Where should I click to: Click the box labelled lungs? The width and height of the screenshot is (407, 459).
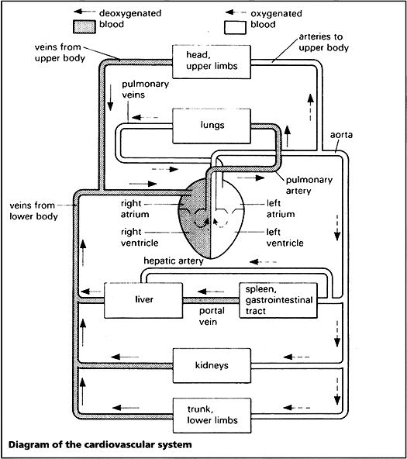pyautogui.click(x=212, y=126)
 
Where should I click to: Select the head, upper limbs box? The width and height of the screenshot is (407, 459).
pyautogui.click(x=212, y=61)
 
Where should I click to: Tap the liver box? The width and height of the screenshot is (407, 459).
pyautogui.click(x=143, y=300)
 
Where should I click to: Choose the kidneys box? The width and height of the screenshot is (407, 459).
pyautogui.click(x=212, y=366)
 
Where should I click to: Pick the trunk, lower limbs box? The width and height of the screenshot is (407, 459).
pyautogui.click(x=212, y=416)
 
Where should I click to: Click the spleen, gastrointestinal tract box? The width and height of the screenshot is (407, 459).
pyautogui.click(x=278, y=300)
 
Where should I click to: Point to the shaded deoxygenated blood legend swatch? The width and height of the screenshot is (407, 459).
pyautogui.click(x=85, y=27)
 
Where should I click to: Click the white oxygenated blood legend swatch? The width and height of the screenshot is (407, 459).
pyautogui.click(x=235, y=27)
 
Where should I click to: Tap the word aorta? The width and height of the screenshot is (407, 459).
pyautogui.click(x=341, y=135)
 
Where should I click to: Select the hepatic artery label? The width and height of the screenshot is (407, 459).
pyautogui.click(x=174, y=261)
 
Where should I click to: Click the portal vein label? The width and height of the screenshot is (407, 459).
pyautogui.click(x=212, y=316)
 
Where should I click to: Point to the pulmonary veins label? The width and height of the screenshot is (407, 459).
pyautogui.click(x=146, y=89)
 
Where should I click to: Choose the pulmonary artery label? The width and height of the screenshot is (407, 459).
pyautogui.click(x=309, y=185)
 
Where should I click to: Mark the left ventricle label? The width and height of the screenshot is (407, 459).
pyautogui.click(x=285, y=237)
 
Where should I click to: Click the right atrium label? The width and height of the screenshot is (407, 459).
pyautogui.click(x=135, y=209)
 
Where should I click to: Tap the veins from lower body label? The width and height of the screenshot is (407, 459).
pyautogui.click(x=33, y=211)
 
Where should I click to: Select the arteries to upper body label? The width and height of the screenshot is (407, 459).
pyautogui.click(x=323, y=42)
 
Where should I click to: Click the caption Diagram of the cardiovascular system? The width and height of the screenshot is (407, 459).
pyautogui.click(x=100, y=445)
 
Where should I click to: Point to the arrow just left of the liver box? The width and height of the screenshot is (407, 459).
pyautogui.click(x=91, y=292)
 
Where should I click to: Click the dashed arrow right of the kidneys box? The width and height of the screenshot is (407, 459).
pyautogui.click(x=296, y=357)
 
